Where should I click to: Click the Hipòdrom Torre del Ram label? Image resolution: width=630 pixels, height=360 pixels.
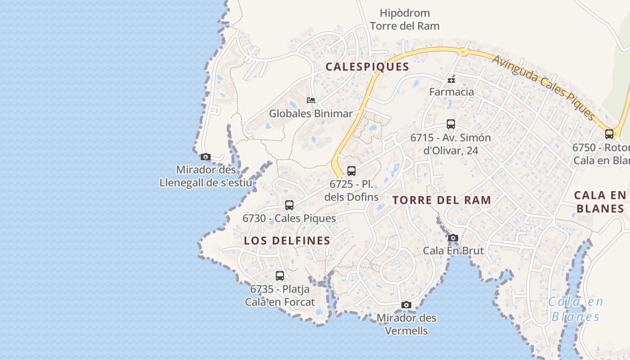tap(405, 19)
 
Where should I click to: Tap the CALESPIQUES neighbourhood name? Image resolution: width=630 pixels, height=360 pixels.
tap(367, 67)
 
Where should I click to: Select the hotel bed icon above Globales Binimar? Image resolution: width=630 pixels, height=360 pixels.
tap(310, 100)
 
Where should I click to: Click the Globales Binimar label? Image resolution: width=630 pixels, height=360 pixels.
tap(310, 113)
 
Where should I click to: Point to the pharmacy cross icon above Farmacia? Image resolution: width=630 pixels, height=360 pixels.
tap(451, 80)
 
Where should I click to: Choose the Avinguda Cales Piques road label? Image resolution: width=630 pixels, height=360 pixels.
tap(544, 88)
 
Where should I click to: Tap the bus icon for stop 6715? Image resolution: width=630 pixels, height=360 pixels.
tap(451, 124)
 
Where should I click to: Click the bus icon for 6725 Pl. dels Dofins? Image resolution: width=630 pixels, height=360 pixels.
tap(351, 171)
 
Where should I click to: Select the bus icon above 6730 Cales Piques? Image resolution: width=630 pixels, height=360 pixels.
tap(289, 205)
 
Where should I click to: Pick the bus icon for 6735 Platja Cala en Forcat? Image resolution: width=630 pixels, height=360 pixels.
tap(280, 276)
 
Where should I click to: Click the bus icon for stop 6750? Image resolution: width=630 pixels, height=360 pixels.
tap(609, 134)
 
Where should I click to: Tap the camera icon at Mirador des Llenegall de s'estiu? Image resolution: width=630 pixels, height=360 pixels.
tap(206, 157)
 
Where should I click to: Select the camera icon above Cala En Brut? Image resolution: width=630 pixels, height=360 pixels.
tap(453, 238)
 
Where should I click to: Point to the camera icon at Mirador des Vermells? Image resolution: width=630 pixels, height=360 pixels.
tap(406, 305)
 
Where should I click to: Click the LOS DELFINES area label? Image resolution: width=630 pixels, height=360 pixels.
tap(287, 241)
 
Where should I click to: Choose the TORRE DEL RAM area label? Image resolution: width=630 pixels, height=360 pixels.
tap(441, 200)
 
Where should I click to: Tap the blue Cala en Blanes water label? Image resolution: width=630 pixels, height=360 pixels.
tap(576, 309)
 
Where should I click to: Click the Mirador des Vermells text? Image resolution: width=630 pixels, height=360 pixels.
tap(406, 324)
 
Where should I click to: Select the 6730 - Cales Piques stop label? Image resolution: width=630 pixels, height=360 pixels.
tap(289, 218)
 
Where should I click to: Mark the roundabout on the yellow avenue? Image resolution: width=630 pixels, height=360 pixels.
tap(463, 52)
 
